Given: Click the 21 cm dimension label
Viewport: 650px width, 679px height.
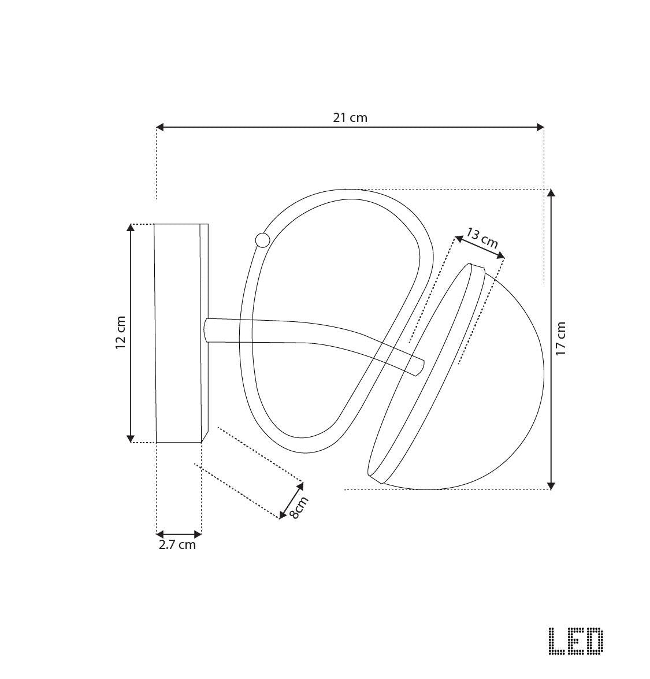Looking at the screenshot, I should point(350,117).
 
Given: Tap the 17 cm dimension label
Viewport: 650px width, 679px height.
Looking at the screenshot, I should point(561,339).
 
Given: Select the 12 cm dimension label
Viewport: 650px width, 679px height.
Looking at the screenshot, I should point(120,333).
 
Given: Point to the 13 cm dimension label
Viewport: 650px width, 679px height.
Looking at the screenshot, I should point(482,238).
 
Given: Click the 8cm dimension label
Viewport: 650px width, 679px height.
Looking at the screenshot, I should point(299,507).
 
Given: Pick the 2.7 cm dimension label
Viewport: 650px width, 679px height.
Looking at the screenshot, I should point(177,544).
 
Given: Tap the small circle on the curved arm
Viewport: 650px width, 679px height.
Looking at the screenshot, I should point(262,240).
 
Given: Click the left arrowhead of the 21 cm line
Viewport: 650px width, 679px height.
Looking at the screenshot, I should point(161,127).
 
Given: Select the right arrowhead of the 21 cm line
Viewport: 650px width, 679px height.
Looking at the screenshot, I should point(540,127).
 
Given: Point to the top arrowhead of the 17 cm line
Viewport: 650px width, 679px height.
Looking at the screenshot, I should point(551,194).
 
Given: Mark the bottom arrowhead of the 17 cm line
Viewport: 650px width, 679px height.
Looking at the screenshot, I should point(551,485).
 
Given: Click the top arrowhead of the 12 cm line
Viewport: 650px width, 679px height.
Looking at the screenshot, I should point(131,228).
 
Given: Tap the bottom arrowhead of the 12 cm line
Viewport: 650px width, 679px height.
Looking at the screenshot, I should point(131,438).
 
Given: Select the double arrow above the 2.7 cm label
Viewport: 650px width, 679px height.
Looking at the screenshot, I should point(179,534).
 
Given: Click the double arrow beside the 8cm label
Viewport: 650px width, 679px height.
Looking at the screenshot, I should point(292,500).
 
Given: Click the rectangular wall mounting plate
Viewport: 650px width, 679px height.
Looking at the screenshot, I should point(179,333).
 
